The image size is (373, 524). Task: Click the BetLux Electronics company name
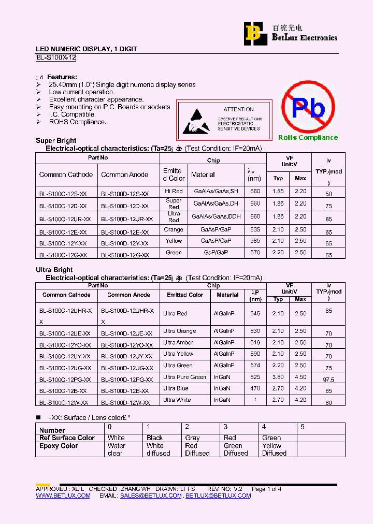click(x=305, y=38)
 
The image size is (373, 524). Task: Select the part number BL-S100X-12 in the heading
click(x=56, y=58)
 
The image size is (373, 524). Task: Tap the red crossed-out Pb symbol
click(x=308, y=107)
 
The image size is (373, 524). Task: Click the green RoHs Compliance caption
click(x=308, y=138)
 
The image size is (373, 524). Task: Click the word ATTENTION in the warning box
click(x=238, y=109)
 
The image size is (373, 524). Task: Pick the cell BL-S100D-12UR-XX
click(x=127, y=219)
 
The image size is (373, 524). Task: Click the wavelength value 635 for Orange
click(x=255, y=229)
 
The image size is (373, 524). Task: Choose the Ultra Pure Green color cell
click(x=184, y=377)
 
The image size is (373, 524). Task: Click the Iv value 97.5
click(x=329, y=380)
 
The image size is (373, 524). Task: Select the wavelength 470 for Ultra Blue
click(x=255, y=388)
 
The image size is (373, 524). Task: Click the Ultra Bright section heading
click(x=54, y=270)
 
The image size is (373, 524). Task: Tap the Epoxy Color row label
click(x=59, y=446)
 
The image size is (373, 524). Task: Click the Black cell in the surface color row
click(x=154, y=438)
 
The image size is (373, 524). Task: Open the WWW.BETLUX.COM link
click(x=63, y=496)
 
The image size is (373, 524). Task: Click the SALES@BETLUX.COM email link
click(x=151, y=496)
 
